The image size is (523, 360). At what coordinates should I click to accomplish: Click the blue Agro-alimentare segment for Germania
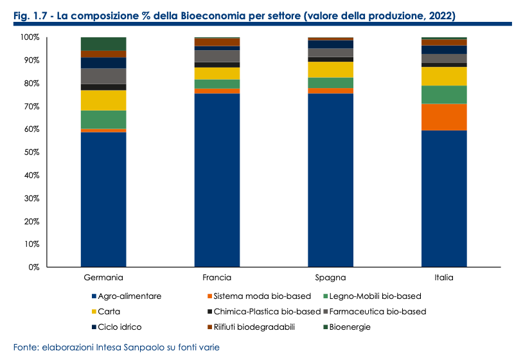click(103, 199)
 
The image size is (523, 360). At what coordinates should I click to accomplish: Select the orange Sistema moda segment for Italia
click(444, 117)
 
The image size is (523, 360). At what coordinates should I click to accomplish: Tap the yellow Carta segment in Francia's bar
click(217, 73)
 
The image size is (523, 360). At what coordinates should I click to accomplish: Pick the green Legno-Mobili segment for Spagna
click(330, 83)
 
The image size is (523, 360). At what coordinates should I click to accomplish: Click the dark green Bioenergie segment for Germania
click(103, 44)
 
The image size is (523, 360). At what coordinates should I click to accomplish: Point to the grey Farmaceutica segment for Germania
click(103, 76)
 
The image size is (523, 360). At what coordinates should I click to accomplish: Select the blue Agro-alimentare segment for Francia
click(217, 180)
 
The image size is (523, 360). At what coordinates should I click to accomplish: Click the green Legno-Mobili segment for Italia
click(444, 94)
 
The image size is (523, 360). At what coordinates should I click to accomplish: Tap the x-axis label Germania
click(103, 278)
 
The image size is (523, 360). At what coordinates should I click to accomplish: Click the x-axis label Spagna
click(330, 278)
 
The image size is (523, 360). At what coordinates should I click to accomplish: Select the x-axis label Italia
click(444, 278)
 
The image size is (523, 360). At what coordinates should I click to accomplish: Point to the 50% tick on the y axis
click(30, 152)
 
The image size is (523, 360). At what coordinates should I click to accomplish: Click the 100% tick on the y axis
click(29, 37)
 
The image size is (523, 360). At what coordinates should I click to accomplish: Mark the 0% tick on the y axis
click(32, 267)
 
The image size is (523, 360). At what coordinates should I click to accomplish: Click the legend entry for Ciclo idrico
click(121, 327)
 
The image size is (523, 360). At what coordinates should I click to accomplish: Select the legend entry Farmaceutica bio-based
click(378, 311)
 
